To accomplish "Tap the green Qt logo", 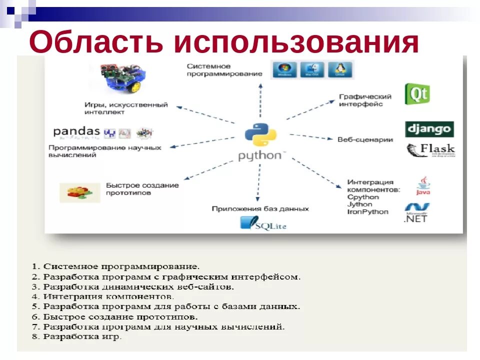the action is (x=417, y=94).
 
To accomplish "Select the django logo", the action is (x=429, y=129).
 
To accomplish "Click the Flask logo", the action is (x=430, y=150).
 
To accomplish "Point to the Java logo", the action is (x=423, y=186).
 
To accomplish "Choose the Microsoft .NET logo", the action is (x=417, y=213).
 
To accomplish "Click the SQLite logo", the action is (x=263, y=223).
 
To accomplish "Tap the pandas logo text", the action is (x=77, y=132).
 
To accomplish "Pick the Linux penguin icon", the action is (x=340, y=69).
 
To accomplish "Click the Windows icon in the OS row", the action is (x=284, y=69).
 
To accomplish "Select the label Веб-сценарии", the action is (x=365, y=140).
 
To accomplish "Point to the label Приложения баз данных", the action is (x=260, y=209).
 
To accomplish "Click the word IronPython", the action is (x=367, y=212).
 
